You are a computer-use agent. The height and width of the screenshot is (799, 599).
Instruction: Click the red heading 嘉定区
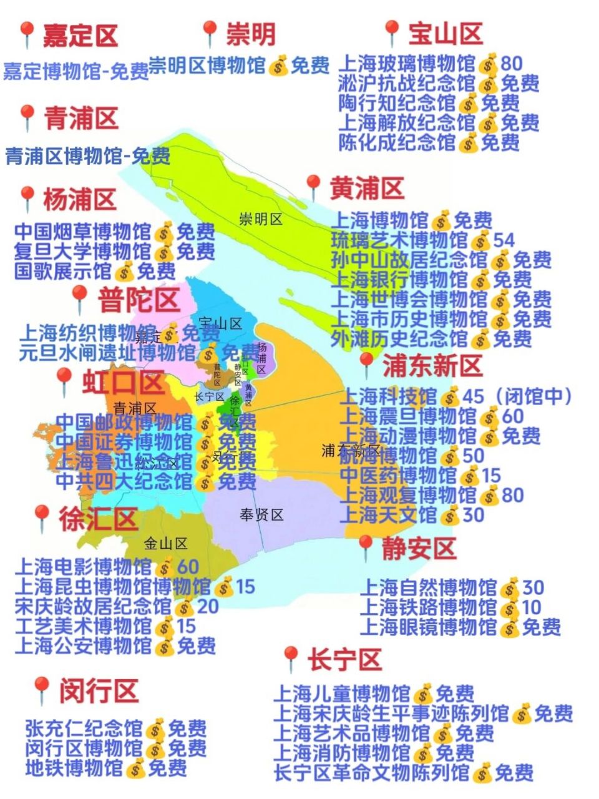click(80, 36)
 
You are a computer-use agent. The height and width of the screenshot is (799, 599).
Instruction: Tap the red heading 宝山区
click(446, 33)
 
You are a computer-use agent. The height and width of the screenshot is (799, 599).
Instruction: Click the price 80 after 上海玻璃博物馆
click(511, 63)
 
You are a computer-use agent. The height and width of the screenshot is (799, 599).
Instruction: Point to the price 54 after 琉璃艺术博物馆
click(504, 240)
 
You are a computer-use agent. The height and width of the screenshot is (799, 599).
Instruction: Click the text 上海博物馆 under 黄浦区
click(379, 220)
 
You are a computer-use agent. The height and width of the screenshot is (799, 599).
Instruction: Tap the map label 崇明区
click(261, 219)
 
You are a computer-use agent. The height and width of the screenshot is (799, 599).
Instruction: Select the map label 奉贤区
click(261, 515)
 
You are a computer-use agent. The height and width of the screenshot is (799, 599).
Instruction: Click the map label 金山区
click(165, 544)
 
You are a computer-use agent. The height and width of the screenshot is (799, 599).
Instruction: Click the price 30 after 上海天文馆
click(474, 515)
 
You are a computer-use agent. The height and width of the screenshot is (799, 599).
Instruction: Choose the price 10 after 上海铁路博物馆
click(532, 607)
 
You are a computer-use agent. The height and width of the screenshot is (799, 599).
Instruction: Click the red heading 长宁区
click(344, 659)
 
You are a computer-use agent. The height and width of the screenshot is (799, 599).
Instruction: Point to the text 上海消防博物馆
click(342, 753)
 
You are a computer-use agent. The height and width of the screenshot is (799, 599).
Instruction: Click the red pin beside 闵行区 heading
click(41, 690)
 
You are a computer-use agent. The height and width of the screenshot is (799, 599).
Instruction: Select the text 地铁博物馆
click(74, 768)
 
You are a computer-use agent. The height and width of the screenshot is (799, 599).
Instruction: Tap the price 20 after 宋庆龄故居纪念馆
click(208, 606)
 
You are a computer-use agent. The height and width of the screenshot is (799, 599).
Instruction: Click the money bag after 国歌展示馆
click(125, 272)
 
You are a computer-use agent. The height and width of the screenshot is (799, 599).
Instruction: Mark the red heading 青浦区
click(81, 118)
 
